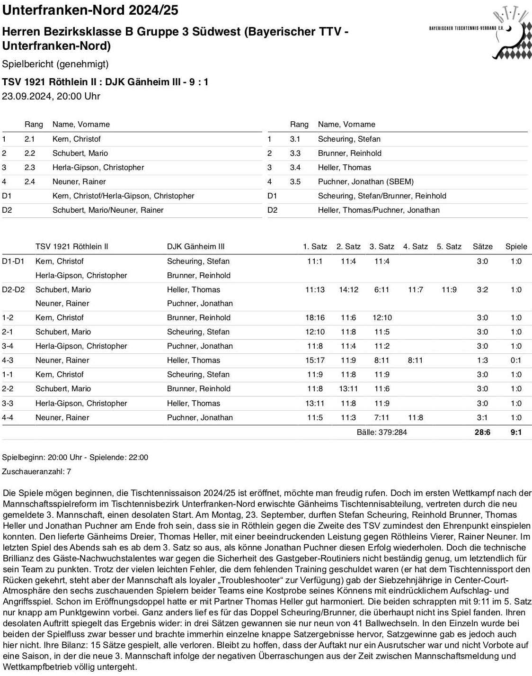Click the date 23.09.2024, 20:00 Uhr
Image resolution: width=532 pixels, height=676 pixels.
(51, 96)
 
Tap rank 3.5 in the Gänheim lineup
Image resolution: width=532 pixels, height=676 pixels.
(295, 181)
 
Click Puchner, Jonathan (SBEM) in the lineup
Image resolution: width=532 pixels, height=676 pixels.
(365, 181)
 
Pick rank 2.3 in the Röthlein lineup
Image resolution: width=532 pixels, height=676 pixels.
(30, 167)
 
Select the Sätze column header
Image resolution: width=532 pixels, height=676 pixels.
(482, 246)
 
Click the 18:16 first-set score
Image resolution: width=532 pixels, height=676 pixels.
(315, 317)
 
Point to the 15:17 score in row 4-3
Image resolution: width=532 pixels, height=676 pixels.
(315, 360)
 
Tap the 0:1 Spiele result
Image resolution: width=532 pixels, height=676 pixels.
(515, 360)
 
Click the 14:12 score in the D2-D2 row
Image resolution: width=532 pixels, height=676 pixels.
(348, 289)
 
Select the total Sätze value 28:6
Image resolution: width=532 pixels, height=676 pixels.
(482, 432)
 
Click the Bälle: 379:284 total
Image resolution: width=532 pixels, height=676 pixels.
(381, 432)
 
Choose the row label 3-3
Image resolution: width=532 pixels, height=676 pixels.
(8, 403)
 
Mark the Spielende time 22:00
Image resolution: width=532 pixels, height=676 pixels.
(138, 457)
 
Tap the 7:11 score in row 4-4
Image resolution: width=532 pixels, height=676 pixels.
(381, 417)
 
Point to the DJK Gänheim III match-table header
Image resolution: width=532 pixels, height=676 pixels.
(195, 246)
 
